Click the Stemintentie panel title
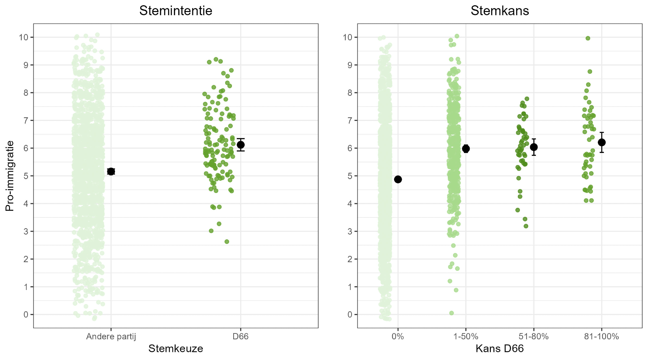coord(176,11)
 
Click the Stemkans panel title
coord(500,11)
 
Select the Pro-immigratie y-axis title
coord(10,176)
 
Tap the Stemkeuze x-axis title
coord(176,349)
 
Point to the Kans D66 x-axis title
coord(500,349)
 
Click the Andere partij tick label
coord(111,337)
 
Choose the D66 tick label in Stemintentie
coord(240,337)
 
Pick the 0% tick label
coord(398,337)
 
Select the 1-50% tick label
coord(466,337)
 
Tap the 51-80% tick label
coord(534,337)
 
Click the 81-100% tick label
coord(601,337)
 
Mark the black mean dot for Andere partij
coord(111,171)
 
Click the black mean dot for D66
coord(240,145)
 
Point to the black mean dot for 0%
coord(398,180)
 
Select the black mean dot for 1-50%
coord(466,149)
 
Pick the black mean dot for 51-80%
coord(534,147)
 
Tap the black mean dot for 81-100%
coord(602,142)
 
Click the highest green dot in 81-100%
coord(588,38)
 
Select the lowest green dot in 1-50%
coord(451,313)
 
